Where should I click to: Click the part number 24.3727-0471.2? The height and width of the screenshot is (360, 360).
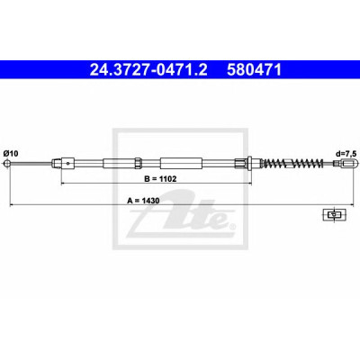click(x=148, y=70)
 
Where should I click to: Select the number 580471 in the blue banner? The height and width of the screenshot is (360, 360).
click(x=254, y=70)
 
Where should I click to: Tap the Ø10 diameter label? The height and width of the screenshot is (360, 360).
click(x=11, y=154)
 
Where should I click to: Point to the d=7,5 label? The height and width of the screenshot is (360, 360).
click(x=346, y=154)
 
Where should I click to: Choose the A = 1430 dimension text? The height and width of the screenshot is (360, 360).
click(x=143, y=201)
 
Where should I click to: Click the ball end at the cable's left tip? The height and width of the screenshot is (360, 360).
click(x=7, y=164)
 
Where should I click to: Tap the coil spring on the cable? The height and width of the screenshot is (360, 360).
click(x=293, y=164)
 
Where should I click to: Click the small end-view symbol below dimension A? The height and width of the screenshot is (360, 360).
click(x=334, y=214)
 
